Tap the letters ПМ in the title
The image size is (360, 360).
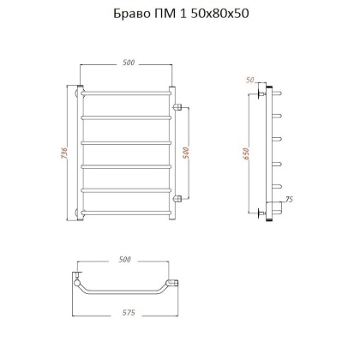[166, 15]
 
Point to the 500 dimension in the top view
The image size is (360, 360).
[125, 258]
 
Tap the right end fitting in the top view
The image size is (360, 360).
[175, 282]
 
